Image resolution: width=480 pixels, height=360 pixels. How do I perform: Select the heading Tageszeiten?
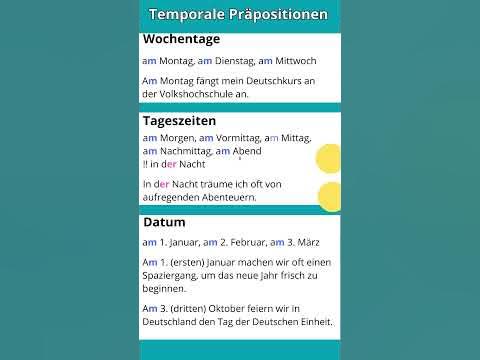pos(180,120)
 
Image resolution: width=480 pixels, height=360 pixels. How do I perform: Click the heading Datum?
pos(164,221)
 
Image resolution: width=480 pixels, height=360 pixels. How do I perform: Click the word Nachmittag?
pos(186,151)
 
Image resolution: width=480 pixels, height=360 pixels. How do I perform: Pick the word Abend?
pos(247,151)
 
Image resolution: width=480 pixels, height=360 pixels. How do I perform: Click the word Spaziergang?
pos(176,275)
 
